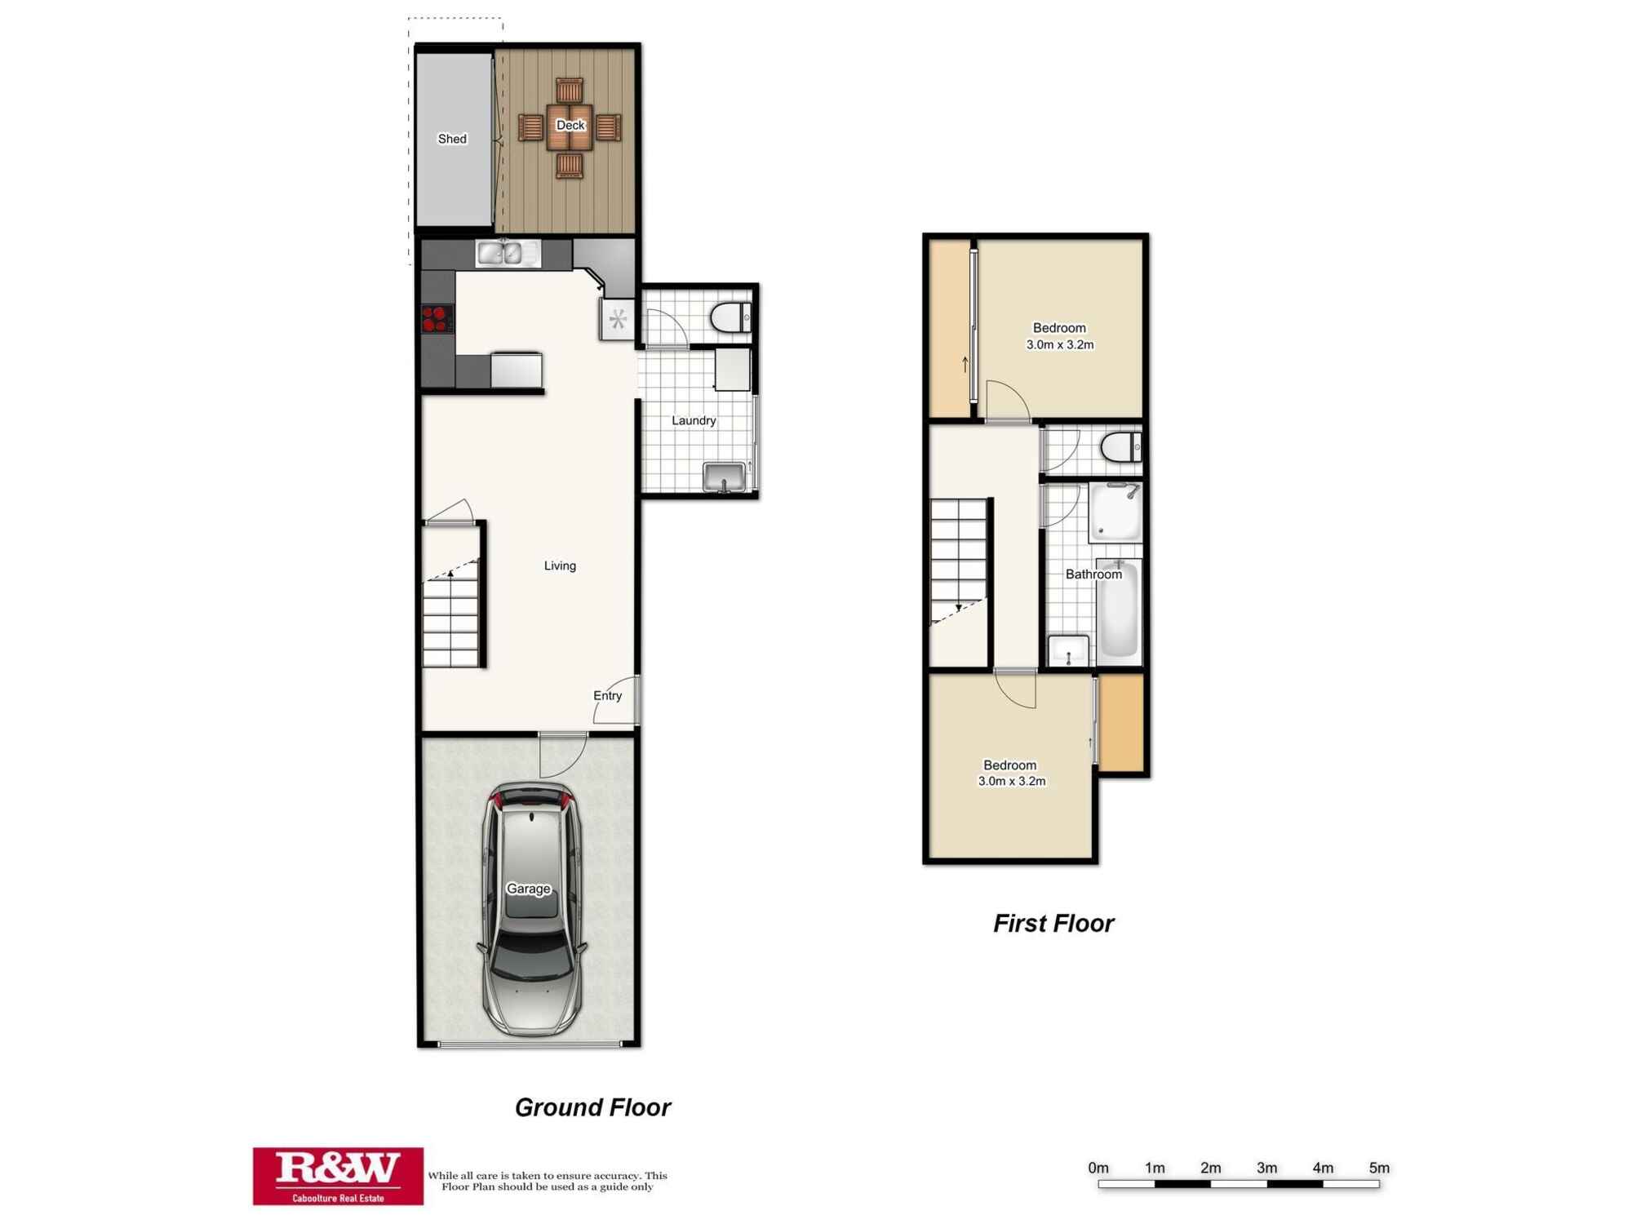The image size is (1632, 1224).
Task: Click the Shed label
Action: [452, 139]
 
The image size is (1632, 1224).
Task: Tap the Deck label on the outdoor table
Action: [570, 125]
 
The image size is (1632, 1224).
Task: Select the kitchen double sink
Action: [507, 254]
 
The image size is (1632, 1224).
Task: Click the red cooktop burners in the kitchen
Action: [437, 318]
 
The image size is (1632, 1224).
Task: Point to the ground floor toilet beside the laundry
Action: [730, 317]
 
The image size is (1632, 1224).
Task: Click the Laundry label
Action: [694, 421]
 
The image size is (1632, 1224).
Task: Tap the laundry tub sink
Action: [724, 477]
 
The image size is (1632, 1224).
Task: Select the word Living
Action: [560, 565]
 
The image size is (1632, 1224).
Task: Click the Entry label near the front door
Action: [607, 695]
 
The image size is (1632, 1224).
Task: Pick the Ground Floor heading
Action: [592, 1107]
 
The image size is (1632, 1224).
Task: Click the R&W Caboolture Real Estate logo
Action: [338, 1176]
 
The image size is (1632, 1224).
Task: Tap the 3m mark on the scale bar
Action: [1266, 1169]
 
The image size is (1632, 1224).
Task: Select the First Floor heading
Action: [1053, 923]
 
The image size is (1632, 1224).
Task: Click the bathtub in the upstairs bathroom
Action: [1119, 610]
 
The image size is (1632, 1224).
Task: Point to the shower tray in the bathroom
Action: [1115, 512]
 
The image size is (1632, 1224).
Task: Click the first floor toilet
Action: [1121, 447]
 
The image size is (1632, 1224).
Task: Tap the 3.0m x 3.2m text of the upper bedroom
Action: [1059, 345]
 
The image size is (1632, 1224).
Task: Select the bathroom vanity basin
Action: [1068, 650]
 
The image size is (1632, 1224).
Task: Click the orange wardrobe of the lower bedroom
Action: [1122, 722]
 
